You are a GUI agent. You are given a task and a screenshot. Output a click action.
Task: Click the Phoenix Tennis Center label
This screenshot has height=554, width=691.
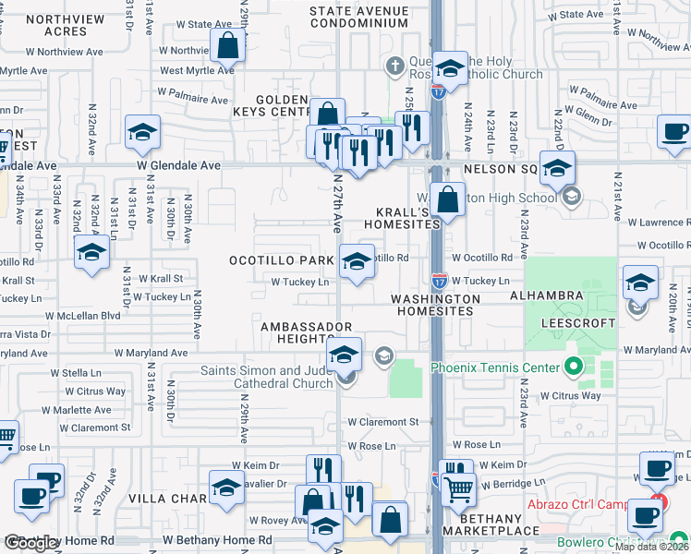[x=495, y=367]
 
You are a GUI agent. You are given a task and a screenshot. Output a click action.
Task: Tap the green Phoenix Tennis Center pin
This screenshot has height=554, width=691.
[x=573, y=368]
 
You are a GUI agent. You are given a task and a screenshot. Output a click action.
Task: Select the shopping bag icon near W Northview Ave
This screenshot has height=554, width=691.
[x=227, y=45]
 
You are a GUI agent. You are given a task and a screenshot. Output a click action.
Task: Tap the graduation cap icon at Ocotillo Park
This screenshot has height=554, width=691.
[x=357, y=261]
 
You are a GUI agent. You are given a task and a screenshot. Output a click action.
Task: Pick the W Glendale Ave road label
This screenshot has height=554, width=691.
[x=179, y=165]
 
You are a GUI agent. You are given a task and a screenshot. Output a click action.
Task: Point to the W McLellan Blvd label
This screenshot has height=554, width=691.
[x=88, y=315]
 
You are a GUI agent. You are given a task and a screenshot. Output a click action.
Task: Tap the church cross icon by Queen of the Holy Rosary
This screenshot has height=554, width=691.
[x=394, y=66]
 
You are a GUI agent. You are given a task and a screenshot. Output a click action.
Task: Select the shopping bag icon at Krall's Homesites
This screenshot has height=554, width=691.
[x=447, y=199]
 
